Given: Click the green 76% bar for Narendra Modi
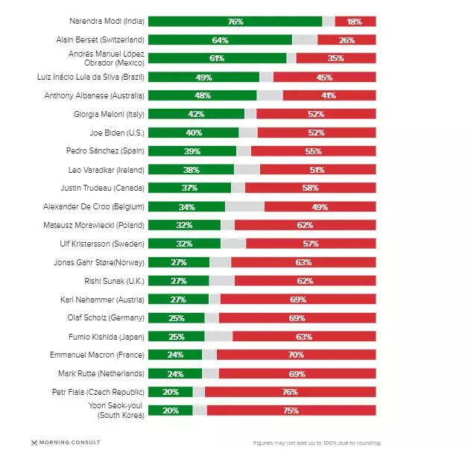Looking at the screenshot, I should tap(235, 22).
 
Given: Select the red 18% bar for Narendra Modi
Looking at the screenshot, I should tap(355, 22).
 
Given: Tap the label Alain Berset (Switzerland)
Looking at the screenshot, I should tap(100, 40).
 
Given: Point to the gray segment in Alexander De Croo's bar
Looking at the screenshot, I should tap(244, 206).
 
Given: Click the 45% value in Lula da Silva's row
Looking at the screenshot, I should tap(324, 77).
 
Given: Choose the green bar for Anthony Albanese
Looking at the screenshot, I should tap(202, 95).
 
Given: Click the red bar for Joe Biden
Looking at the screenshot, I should tap(316, 133).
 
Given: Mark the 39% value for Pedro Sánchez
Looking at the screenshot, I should tap(192, 151).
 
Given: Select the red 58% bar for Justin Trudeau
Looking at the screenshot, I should tap(310, 188).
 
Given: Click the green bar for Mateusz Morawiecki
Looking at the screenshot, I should tap(184, 225).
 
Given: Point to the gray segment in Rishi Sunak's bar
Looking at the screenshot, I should tap(222, 280).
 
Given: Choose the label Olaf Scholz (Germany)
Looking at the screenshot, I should tap(106, 317).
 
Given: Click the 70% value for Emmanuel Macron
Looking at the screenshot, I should tap(296, 354).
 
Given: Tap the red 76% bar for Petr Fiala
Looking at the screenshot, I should tap(290, 391).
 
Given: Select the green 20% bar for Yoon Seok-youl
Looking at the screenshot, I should tap(170, 410).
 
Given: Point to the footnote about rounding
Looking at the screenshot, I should tap(317, 443).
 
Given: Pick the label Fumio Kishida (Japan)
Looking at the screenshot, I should tap(106, 336).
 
